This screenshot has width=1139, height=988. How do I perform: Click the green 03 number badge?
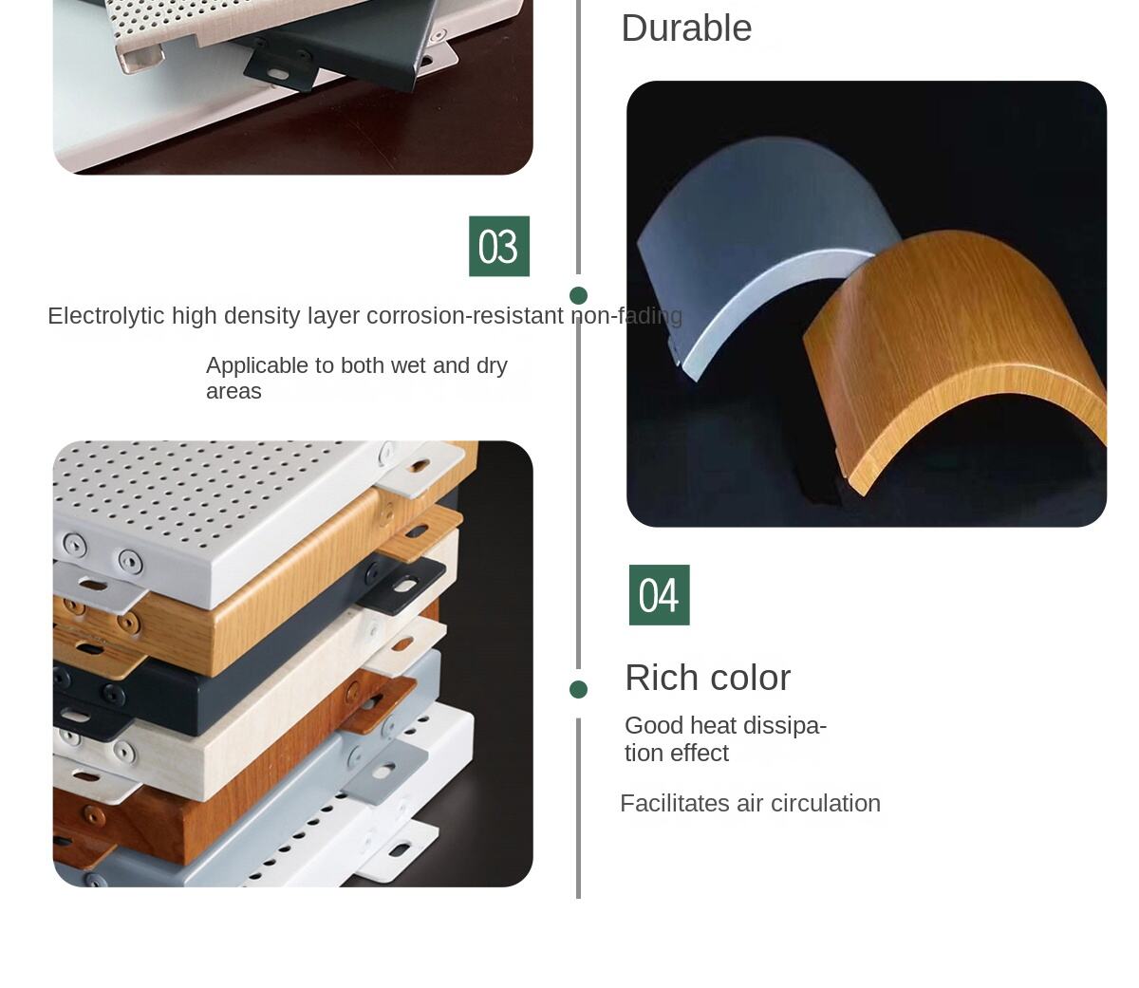[x=498, y=247]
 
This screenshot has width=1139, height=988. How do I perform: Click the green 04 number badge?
[x=659, y=595]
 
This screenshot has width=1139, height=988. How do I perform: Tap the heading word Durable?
[x=686, y=28]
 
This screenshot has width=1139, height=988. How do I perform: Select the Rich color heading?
[x=707, y=678]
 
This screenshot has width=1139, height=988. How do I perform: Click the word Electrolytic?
[x=105, y=316]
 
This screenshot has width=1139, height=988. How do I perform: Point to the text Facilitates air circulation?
[x=750, y=804]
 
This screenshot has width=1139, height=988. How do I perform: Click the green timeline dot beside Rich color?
[x=578, y=690]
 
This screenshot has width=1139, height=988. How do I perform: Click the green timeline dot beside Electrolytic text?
[x=578, y=295]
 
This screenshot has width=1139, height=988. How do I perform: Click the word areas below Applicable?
[x=233, y=392]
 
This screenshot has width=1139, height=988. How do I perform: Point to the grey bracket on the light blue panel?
[x=384, y=769]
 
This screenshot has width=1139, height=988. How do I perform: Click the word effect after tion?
[x=703, y=754]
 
